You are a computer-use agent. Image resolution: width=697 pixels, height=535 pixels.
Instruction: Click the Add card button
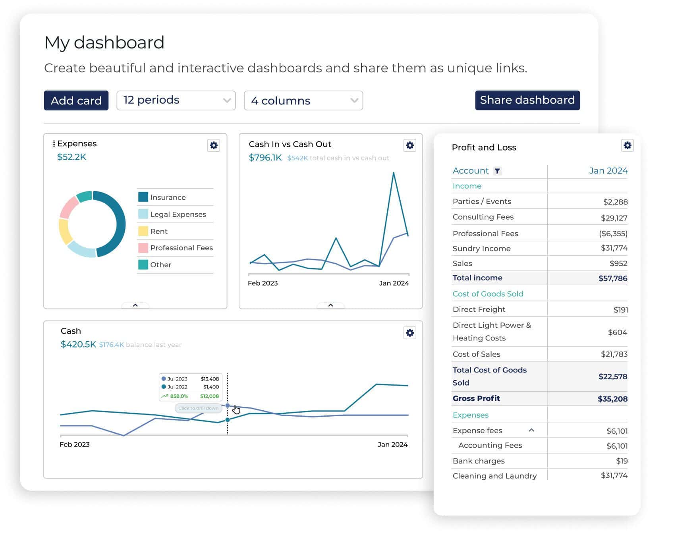pyautogui.click(x=76, y=100)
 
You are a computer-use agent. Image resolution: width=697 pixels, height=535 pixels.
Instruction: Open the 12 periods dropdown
pyautogui.click(x=176, y=100)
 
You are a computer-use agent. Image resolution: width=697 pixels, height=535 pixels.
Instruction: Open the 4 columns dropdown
pyautogui.click(x=303, y=100)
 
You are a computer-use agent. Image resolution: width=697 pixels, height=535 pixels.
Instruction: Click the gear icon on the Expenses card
pyautogui.click(x=214, y=145)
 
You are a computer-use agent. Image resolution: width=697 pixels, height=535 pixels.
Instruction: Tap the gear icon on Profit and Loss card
pyautogui.click(x=627, y=145)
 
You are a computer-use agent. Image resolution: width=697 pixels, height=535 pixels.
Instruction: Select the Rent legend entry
pyautogui.click(x=159, y=231)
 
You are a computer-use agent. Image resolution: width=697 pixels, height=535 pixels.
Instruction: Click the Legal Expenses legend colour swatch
pyautogui.click(x=143, y=214)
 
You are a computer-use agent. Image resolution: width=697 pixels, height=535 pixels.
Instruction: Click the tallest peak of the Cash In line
pyautogui.click(x=393, y=173)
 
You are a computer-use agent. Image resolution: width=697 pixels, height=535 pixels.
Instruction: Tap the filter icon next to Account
pyautogui.click(x=497, y=171)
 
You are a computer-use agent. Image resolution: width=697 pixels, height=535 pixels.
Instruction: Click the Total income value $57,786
pyautogui.click(x=612, y=278)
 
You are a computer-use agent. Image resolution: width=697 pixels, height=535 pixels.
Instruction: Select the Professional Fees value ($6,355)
pyautogui.click(x=613, y=234)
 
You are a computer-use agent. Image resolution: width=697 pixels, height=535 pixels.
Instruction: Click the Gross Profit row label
pyautogui.click(x=476, y=398)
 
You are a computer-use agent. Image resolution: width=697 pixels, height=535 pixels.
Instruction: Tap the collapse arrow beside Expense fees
pyautogui.click(x=531, y=430)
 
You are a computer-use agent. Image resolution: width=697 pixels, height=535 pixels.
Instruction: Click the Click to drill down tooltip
pyautogui.click(x=198, y=408)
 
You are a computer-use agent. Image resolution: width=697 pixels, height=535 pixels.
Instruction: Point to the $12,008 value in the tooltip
pyautogui.click(x=209, y=396)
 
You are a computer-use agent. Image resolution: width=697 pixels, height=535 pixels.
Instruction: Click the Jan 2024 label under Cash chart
pyautogui.click(x=392, y=444)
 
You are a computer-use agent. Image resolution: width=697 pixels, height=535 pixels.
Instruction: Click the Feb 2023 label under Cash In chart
pyautogui.click(x=263, y=283)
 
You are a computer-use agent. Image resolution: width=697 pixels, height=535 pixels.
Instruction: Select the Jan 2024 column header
pyautogui.click(x=608, y=171)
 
